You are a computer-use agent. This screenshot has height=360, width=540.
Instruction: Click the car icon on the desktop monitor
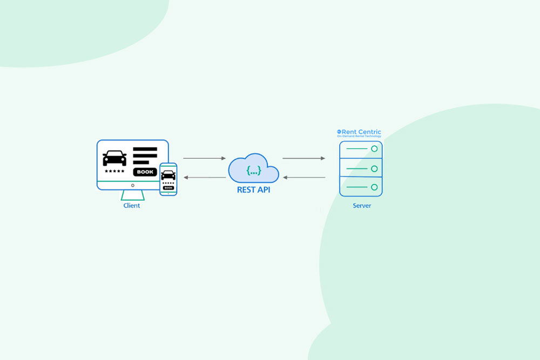click(x=114, y=158)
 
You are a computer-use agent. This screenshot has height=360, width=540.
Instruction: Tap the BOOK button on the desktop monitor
click(x=145, y=172)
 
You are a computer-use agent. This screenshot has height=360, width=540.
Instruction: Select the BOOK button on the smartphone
click(x=168, y=188)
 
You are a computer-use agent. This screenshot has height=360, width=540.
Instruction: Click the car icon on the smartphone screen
click(x=168, y=175)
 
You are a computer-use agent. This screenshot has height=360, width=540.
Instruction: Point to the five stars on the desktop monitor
click(x=114, y=172)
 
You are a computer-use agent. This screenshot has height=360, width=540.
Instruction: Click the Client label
click(x=131, y=206)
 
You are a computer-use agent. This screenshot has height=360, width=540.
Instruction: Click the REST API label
click(x=253, y=190)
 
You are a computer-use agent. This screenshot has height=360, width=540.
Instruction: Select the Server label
click(x=361, y=206)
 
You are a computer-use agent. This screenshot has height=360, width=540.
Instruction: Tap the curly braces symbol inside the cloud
click(x=253, y=171)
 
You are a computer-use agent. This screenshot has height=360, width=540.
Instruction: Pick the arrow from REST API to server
click(x=303, y=158)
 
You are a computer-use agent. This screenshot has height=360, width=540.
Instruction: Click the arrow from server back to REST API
click(x=303, y=177)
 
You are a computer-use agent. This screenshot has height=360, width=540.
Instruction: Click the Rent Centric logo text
click(x=361, y=132)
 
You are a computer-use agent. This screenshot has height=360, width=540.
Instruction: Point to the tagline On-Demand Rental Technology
click(x=359, y=137)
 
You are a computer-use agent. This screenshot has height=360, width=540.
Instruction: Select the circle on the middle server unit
click(x=374, y=168)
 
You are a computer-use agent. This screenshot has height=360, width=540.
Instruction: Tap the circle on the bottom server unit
click(x=374, y=187)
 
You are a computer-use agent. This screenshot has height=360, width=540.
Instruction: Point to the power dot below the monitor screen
click(x=132, y=185)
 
